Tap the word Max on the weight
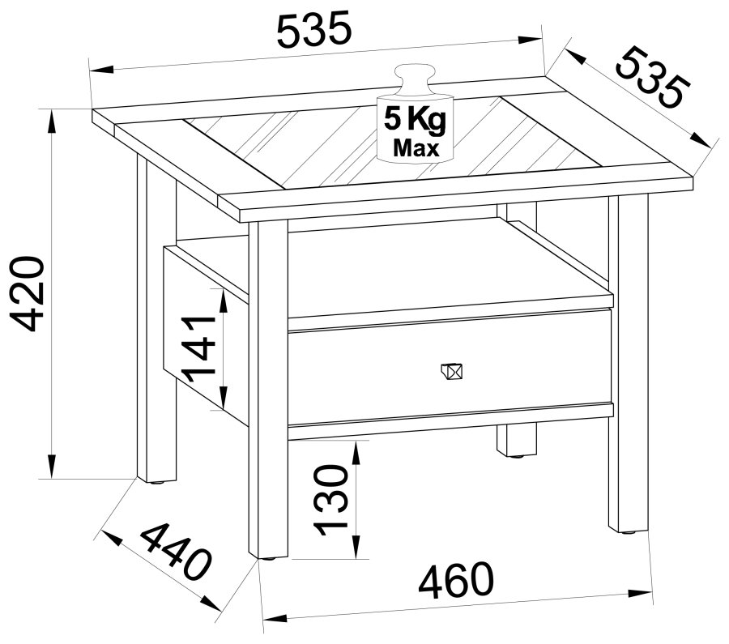[x=416, y=148]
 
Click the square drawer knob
[x=452, y=371]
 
